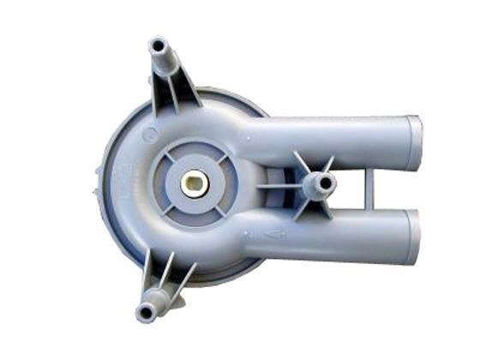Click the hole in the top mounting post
click(157, 45)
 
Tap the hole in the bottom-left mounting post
click(147, 306)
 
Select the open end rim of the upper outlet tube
click(415, 141)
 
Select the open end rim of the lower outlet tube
click(415, 236)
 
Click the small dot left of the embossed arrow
click(247, 231)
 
